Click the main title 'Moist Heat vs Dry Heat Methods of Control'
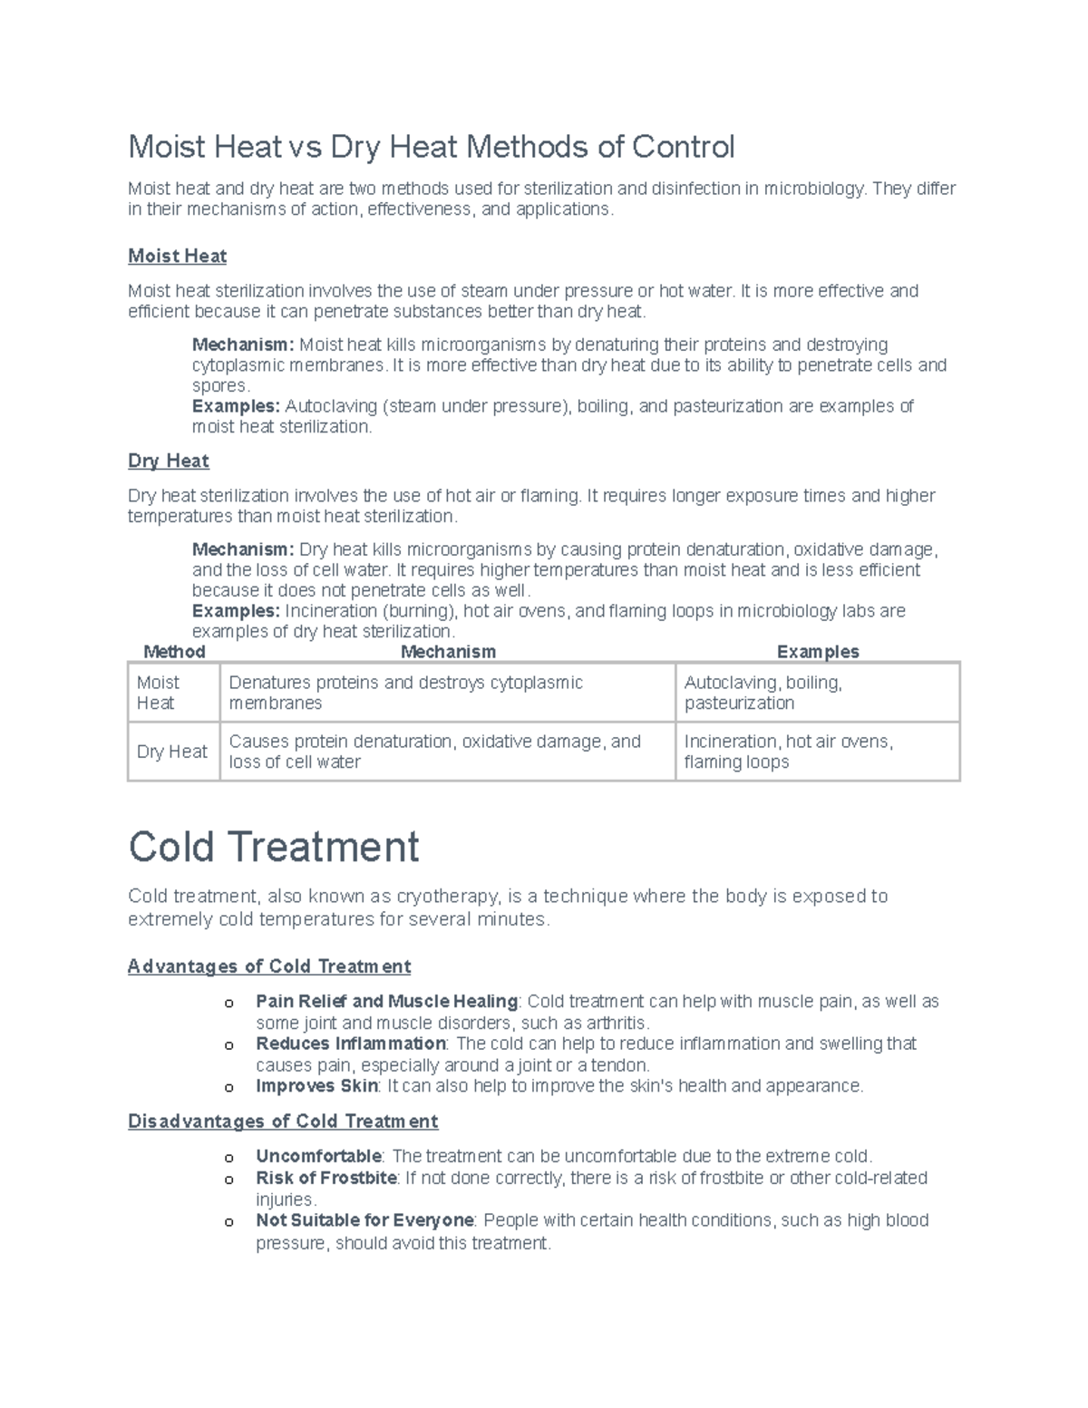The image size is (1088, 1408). pos(431,146)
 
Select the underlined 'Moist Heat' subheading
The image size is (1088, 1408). pos(177,257)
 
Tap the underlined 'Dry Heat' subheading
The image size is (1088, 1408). pos(169,461)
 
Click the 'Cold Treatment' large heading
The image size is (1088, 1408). pos(273,847)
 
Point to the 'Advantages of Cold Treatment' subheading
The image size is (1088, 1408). pos(269,966)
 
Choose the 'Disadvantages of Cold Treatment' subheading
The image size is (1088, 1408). pos(283,1122)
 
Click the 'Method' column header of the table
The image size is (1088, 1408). pos(174,652)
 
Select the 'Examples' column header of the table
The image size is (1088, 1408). pos(817,652)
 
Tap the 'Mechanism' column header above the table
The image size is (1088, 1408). pos(448,652)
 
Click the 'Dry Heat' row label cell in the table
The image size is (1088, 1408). pos(172,752)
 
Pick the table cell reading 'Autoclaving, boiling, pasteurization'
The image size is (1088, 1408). pos(763,693)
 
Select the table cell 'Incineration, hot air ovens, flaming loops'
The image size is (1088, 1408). pos(788,752)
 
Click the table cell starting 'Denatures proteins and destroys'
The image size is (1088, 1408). pos(405,693)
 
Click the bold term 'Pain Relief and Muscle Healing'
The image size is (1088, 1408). pos(386,1002)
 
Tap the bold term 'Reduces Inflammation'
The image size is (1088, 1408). pos(350,1044)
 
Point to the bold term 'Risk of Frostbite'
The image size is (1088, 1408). pos(325,1179)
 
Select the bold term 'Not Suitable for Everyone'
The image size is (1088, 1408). pos(364,1220)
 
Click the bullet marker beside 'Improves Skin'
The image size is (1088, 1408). pos(229,1087)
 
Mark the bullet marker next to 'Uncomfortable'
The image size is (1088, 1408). pos(229,1158)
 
